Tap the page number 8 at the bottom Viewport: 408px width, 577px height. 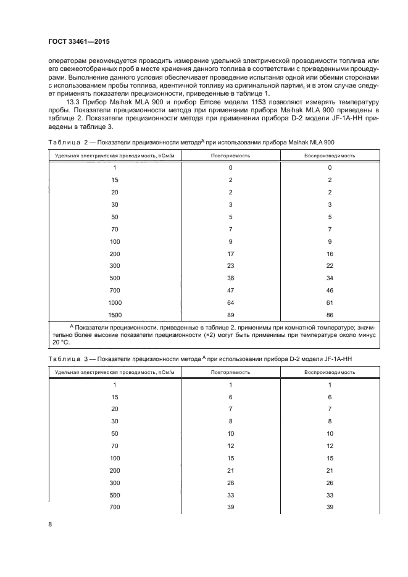(x=51, y=525)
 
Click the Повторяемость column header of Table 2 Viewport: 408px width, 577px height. (x=230, y=156)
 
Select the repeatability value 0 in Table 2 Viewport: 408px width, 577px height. (x=230, y=167)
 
